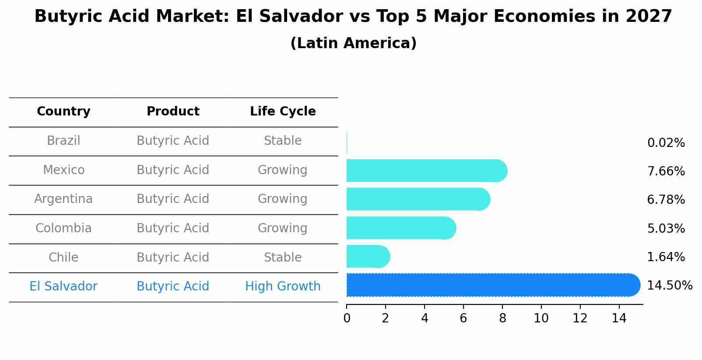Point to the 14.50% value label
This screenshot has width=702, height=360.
click(x=670, y=286)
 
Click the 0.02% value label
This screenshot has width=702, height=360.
click(x=666, y=143)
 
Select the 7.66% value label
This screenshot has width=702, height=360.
click(x=666, y=171)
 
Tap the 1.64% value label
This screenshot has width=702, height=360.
click(x=666, y=257)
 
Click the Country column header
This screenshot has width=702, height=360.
click(x=63, y=112)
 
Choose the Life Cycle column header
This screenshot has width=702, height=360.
click(x=283, y=112)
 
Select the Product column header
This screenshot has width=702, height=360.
click(x=173, y=112)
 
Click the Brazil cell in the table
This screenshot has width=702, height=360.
click(x=63, y=141)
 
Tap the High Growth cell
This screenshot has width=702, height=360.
click(x=283, y=287)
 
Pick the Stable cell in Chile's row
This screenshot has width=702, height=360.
click(x=283, y=258)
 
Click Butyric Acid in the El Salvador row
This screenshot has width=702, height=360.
click(x=173, y=287)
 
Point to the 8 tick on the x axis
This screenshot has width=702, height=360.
click(x=502, y=318)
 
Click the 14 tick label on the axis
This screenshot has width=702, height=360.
click(x=619, y=318)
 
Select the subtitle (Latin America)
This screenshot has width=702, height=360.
click(x=353, y=43)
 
